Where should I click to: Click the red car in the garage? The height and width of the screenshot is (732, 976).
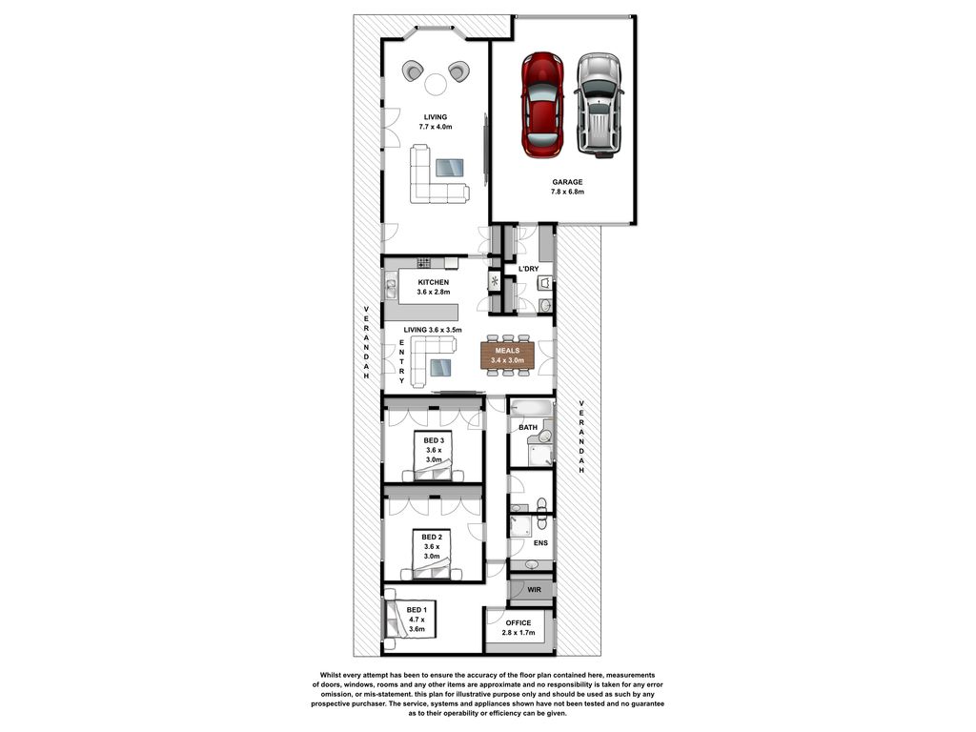click(x=542, y=105)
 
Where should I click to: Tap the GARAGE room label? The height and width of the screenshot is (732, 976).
click(x=567, y=182)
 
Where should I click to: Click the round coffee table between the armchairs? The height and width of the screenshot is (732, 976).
click(x=435, y=84)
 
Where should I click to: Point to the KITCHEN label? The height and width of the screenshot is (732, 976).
click(x=434, y=282)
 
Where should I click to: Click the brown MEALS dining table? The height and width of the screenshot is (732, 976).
click(x=507, y=355)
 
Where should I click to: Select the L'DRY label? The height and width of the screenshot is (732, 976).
click(x=528, y=269)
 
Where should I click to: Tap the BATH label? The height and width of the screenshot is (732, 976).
click(x=528, y=428)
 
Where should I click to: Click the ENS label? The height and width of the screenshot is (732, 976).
click(x=540, y=542)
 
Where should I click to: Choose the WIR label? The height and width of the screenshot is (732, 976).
click(x=534, y=589)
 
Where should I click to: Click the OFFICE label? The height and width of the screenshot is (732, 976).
click(x=518, y=623)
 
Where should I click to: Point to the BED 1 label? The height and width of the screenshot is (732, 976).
click(x=417, y=610)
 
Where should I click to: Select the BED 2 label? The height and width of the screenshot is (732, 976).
click(x=432, y=538)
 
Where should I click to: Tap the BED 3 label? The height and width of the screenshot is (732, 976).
click(x=434, y=440)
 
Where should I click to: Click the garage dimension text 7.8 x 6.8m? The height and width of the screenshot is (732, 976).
click(x=567, y=192)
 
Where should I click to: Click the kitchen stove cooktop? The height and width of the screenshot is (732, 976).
click(x=424, y=263)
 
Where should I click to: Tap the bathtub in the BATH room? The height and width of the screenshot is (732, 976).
click(x=531, y=408)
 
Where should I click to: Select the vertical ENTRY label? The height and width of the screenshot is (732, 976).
click(x=402, y=361)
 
